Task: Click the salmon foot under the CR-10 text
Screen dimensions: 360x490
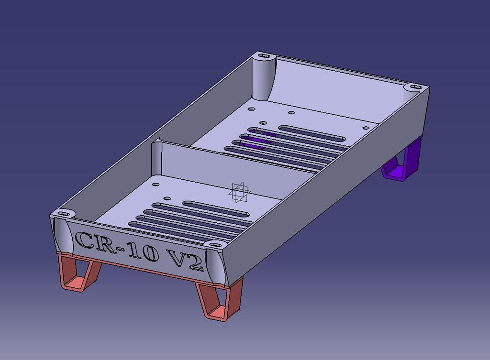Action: click(x=79, y=274)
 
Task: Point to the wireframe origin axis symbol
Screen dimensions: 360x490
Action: click(x=239, y=192)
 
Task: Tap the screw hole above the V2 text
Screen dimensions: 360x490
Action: click(x=211, y=244)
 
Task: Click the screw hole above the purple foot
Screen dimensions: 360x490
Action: click(x=413, y=87)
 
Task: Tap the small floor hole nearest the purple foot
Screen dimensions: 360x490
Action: click(x=366, y=128)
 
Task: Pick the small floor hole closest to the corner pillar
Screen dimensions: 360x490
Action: click(x=250, y=109)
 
